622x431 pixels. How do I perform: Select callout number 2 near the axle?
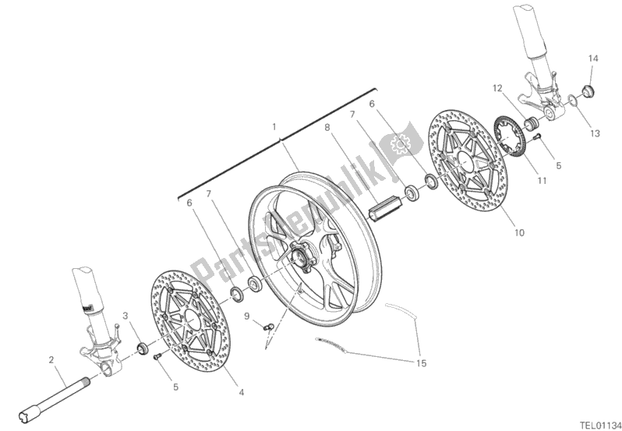pyautogui.click(x=51, y=359)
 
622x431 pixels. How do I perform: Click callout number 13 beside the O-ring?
pyautogui.click(x=595, y=133)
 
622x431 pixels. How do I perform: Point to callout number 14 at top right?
pyautogui.click(x=592, y=58)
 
